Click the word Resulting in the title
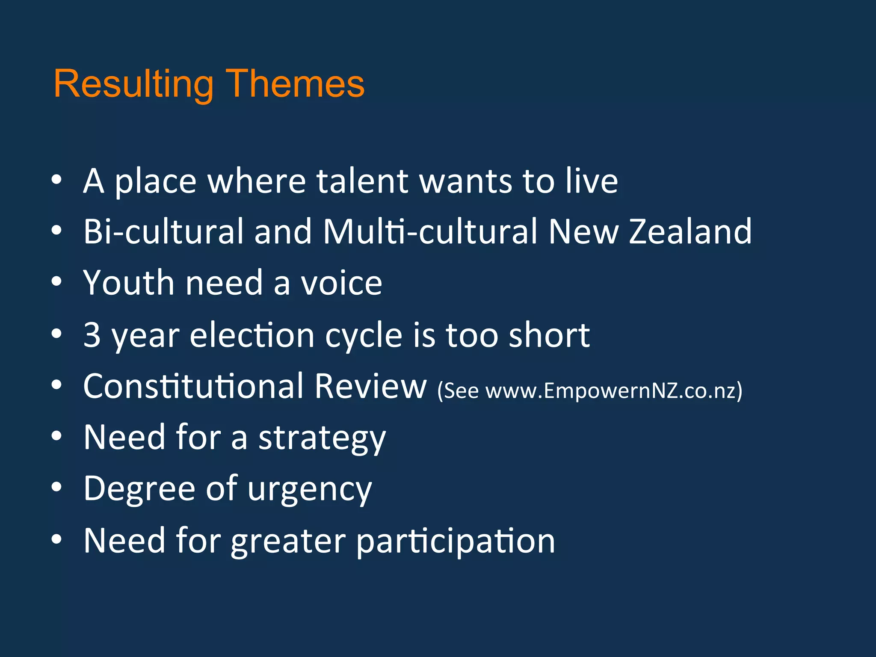pos(133,85)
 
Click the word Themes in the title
pos(295,84)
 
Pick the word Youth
pos(129,283)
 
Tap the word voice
pos(341,283)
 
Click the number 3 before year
pos(92,335)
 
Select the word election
pos(252,335)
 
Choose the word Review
pos(370,386)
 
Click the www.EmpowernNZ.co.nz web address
pos(612,391)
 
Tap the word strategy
pos(322,438)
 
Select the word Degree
pos(139,489)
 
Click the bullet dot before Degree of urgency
pos(56,487)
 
